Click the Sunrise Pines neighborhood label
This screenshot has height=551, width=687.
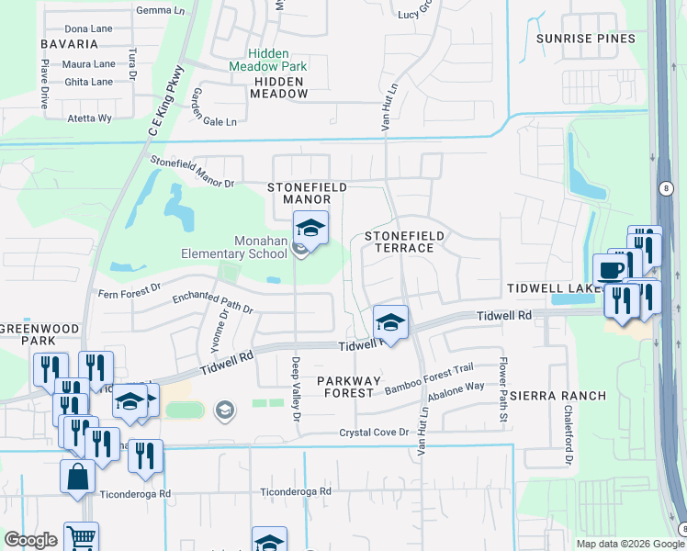pyautogui.click(x=585, y=39)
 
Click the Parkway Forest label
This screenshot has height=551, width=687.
pyautogui.click(x=345, y=387)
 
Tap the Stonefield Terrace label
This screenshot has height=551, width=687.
pyautogui.click(x=404, y=242)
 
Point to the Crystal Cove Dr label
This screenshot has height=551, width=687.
pyautogui.click(x=373, y=433)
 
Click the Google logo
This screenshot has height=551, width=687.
pyautogui.click(x=30, y=540)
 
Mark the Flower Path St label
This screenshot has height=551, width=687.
pyautogui.click(x=503, y=390)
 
